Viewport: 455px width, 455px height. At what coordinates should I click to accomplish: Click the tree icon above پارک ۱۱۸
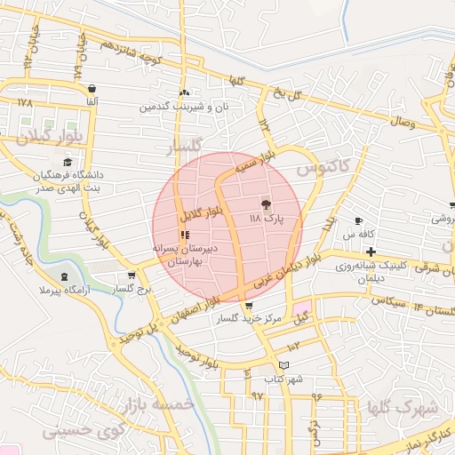click(x=266, y=204)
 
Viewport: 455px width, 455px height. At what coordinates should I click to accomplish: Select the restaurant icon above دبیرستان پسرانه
click(x=184, y=235)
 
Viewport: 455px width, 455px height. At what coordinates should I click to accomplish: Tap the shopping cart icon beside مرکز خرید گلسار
click(x=235, y=306)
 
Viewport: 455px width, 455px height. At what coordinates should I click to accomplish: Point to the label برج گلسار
click(x=133, y=290)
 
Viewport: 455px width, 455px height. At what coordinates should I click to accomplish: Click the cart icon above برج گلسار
click(x=132, y=276)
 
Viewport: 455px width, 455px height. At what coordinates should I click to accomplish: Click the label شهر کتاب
click(x=284, y=379)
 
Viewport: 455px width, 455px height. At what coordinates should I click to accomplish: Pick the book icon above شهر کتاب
click(x=283, y=365)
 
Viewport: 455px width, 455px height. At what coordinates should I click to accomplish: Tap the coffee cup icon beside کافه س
click(x=358, y=220)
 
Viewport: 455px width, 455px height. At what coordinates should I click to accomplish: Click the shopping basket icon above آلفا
click(x=92, y=89)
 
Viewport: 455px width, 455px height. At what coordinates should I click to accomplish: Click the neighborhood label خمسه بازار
click(x=159, y=404)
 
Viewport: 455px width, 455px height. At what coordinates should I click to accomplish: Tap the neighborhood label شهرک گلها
click(x=403, y=408)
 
